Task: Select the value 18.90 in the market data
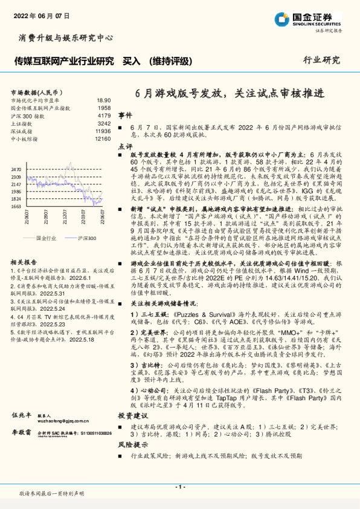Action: [103, 100]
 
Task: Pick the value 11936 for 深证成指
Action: [103, 131]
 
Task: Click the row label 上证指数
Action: [24, 123]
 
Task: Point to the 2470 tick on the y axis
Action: [16, 170]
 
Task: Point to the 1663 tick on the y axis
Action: [16, 206]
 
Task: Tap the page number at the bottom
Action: [179, 487]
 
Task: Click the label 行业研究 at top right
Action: [321, 60]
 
